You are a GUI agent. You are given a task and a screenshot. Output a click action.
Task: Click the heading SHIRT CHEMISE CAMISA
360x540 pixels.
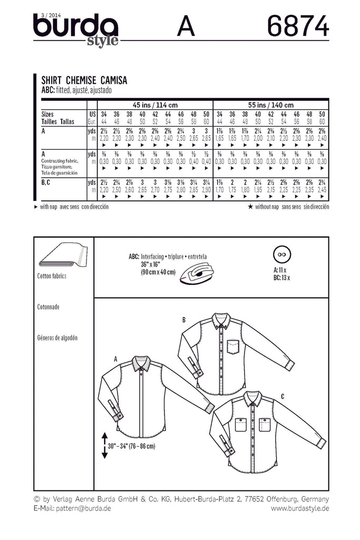pos(85,81)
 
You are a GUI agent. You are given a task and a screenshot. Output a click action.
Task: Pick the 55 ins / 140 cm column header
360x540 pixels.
pos(270,104)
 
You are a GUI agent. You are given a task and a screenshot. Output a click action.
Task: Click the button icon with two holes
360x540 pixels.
pos(283,254)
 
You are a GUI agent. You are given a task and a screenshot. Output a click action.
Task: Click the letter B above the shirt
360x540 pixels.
pos(184,320)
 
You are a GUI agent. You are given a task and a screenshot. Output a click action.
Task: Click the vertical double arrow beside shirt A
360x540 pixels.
pos(104,445)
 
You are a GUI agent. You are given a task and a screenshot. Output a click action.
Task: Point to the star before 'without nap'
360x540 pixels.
pos(265,207)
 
